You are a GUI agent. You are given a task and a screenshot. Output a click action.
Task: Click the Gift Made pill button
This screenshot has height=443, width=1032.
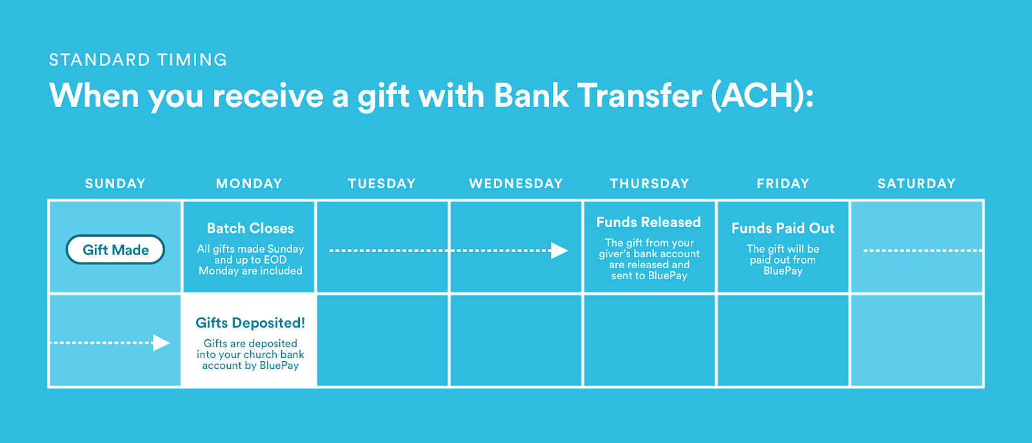coord(115,250)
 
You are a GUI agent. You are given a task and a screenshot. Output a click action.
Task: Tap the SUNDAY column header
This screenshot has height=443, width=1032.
coord(115,184)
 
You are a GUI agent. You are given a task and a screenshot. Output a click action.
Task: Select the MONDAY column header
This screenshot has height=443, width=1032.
coord(249,184)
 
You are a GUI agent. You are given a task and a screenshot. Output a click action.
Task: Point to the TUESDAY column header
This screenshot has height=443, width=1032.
coord(382,184)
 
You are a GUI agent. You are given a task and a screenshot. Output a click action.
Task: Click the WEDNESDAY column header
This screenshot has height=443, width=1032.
coord(516,184)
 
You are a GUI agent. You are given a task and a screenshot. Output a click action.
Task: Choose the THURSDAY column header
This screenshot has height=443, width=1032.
coord(650,184)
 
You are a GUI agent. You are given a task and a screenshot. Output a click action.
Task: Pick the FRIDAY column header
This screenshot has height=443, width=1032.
coord(783,184)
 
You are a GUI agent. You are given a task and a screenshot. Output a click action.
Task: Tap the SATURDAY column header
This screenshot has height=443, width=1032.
coord(917,184)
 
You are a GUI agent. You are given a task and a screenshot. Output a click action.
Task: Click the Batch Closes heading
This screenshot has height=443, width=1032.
coord(250,228)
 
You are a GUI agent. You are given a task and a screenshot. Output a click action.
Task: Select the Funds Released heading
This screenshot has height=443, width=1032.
coord(649,222)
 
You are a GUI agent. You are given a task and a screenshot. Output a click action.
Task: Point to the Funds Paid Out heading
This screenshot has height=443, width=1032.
coord(783,228)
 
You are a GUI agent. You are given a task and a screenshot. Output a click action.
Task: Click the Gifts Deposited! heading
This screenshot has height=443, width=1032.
coord(250,323)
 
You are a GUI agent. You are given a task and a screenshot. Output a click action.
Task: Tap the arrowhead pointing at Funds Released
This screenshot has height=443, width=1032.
coord(559,250)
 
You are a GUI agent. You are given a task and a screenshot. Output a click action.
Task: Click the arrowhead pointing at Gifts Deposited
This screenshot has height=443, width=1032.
coord(161,342)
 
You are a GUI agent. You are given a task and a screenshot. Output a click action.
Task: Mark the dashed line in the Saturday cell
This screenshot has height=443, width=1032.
coord(923,250)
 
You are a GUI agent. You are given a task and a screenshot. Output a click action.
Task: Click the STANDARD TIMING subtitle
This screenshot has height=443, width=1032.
coord(138,60)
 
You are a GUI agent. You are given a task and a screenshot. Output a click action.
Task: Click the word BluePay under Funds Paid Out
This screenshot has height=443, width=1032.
coord(783,271)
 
